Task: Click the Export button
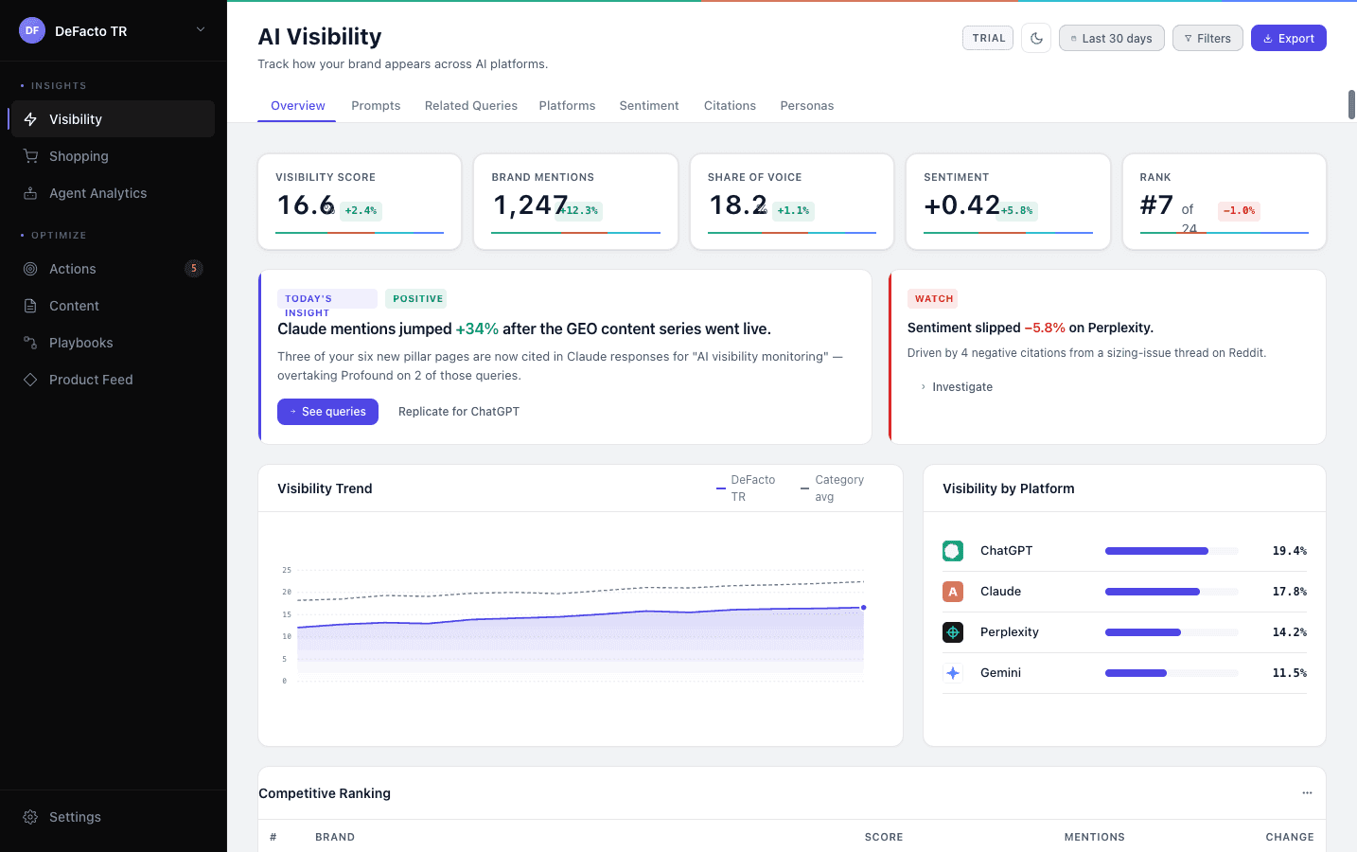point(1288,39)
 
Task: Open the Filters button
point(1207,39)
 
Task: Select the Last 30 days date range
point(1111,39)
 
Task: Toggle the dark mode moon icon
point(1036,39)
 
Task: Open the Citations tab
point(730,106)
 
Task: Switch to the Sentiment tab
point(648,106)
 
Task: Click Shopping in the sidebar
point(79,156)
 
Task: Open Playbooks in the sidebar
point(80,343)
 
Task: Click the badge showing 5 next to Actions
point(194,269)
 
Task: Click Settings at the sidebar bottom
point(75,817)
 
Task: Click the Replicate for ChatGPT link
point(458,412)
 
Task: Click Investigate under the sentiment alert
point(961,387)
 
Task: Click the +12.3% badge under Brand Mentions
point(579,211)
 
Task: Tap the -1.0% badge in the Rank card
point(1238,211)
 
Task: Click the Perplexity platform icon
point(953,632)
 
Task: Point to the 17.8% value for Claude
point(1289,592)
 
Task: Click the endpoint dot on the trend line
point(863,608)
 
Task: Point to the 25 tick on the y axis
point(287,570)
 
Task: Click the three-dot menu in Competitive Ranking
point(1307,793)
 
